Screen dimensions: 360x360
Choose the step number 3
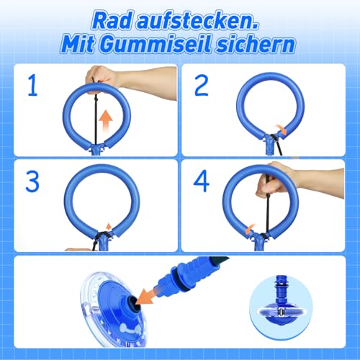tap(32, 182)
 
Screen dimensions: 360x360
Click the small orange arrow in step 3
tap(109, 228)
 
